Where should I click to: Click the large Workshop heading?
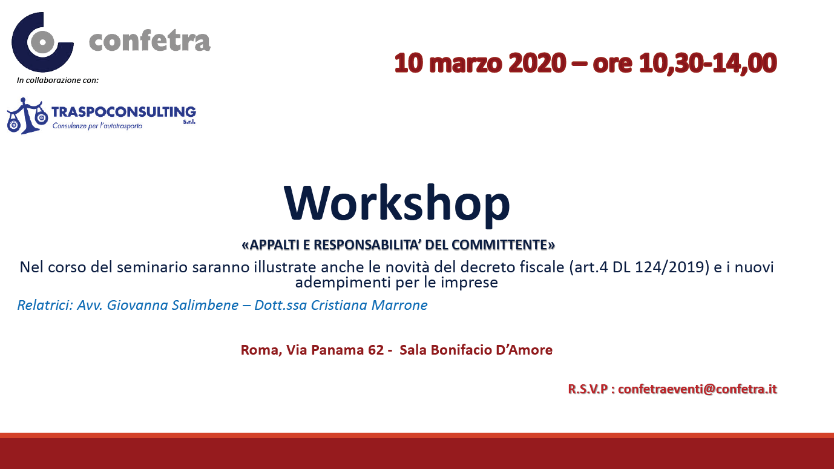pyautogui.click(x=397, y=204)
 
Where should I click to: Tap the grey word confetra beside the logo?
pyautogui.click(x=149, y=41)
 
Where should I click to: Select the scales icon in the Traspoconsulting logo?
pyautogui.click(x=27, y=116)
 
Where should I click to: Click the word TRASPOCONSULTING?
pyautogui.click(x=123, y=112)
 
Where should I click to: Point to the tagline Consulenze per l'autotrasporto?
pyautogui.click(x=97, y=126)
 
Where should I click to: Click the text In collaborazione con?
pyautogui.click(x=57, y=80)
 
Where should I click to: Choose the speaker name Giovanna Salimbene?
pyautogui.click(x=172, y=305)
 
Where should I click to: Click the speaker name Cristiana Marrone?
pyautogui.click(x=369, y=305)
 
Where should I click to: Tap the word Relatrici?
pyautogui.click(x=45, y=305)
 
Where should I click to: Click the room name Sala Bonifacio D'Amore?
pyautogui.click(x=476, y=350)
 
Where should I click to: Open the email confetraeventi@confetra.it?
pyautogui.click(x=697, y=389)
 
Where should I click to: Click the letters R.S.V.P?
pyautogui.click(x=588, y=389)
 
